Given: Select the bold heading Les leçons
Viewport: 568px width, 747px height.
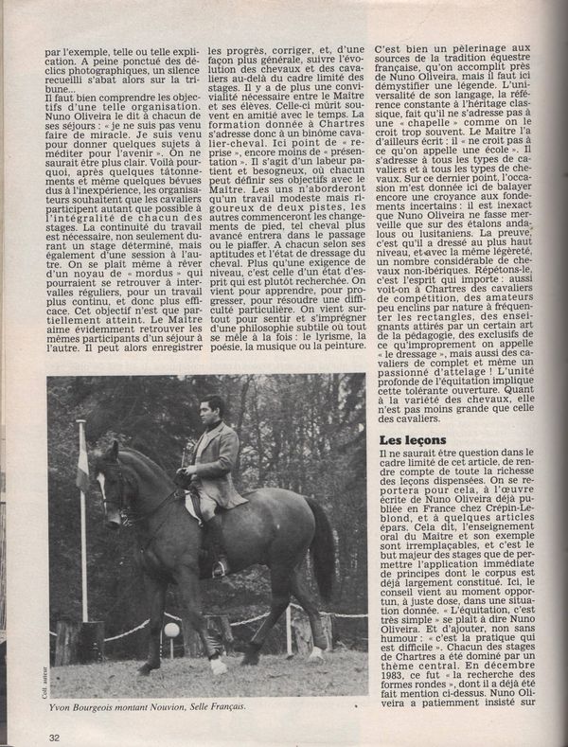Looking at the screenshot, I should pos(412,440).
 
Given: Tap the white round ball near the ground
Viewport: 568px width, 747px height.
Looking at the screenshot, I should pos(171,631).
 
